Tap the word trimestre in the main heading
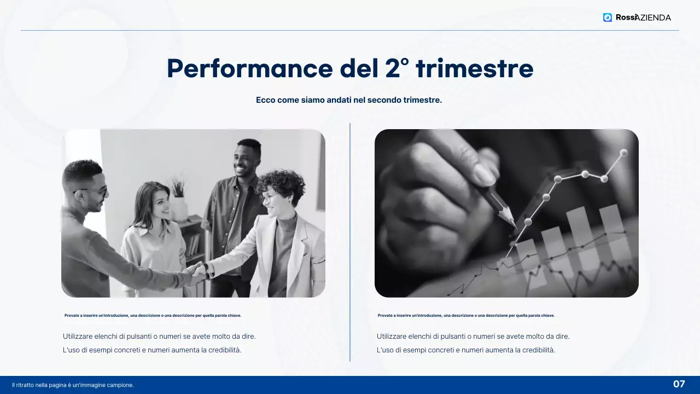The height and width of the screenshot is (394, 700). (x=474, y=69)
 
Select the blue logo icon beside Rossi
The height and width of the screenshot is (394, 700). (x=608, y=18)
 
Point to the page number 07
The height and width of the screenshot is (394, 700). (x=679, y=384)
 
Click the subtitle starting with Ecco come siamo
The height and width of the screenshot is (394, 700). (x=349, y=100)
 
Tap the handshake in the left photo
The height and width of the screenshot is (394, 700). (x=197, y=271)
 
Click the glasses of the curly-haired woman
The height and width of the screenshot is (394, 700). (x=269, y=198)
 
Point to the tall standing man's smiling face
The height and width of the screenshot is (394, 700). (x=247, y=159)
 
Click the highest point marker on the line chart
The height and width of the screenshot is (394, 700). (x=623, y=153)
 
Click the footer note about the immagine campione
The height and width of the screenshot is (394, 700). (x=73, y=385)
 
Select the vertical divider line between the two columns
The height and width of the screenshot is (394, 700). (x=350, y=241)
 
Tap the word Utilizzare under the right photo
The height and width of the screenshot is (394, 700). (x=392, y=337)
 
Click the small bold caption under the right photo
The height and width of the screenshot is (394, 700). (x=466, y=316)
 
